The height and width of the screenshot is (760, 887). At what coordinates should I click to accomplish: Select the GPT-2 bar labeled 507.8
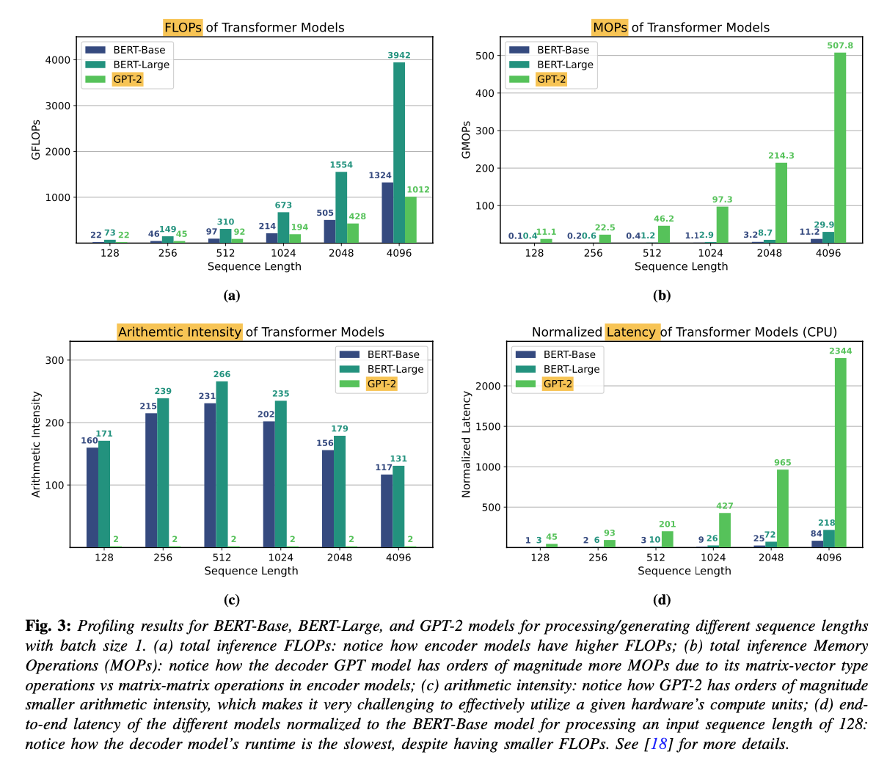tap(840, 147)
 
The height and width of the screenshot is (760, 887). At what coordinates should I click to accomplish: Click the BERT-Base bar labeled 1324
tap(387, 212)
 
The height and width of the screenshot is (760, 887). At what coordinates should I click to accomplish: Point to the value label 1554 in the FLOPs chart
tap(341, 165)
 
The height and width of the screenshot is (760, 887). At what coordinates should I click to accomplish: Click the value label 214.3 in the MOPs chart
tap(781, 156)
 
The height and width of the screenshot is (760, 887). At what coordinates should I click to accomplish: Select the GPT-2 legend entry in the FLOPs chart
tap(127, 79)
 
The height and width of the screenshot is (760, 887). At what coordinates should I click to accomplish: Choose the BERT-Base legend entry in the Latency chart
tap(569, 354)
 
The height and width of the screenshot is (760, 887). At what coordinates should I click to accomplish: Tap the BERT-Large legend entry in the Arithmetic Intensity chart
tap(395, 369)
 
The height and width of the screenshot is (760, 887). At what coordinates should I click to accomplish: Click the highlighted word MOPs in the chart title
tap(610, 28)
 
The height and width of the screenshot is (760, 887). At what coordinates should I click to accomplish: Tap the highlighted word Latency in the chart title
tap(631, 332)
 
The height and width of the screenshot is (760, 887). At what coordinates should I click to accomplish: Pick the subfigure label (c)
tap(232, 600)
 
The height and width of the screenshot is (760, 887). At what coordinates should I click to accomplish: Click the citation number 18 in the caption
tap(658, 744)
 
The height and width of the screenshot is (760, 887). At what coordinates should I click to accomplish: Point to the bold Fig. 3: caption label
tap(48, 626)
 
